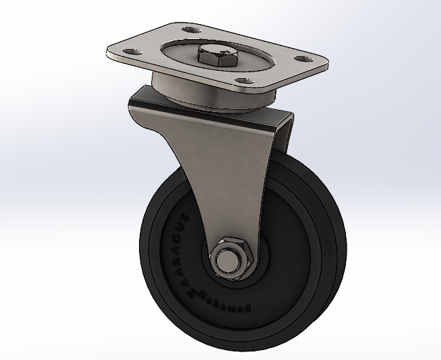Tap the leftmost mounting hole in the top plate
pos(130,52)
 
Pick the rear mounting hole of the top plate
pos(189,30)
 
